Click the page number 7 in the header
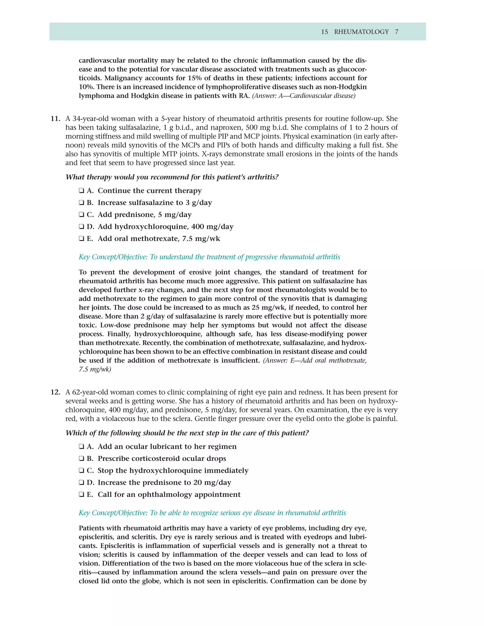(397, 32)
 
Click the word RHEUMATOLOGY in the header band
(361, 32)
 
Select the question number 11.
(55, 119)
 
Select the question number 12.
(55, 392)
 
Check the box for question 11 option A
(82, 191)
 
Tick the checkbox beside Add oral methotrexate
(82, 239)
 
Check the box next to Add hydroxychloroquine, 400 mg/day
(82, 227)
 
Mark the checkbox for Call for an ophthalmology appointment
(82, 494)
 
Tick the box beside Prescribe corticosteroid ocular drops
(82, 459)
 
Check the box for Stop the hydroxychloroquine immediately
(82, 471)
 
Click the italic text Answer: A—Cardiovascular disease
(304, 96)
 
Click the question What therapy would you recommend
(172, 177)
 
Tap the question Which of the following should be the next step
(187, 433)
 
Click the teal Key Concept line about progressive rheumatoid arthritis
(209, 257)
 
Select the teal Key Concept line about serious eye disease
(212, 513)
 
